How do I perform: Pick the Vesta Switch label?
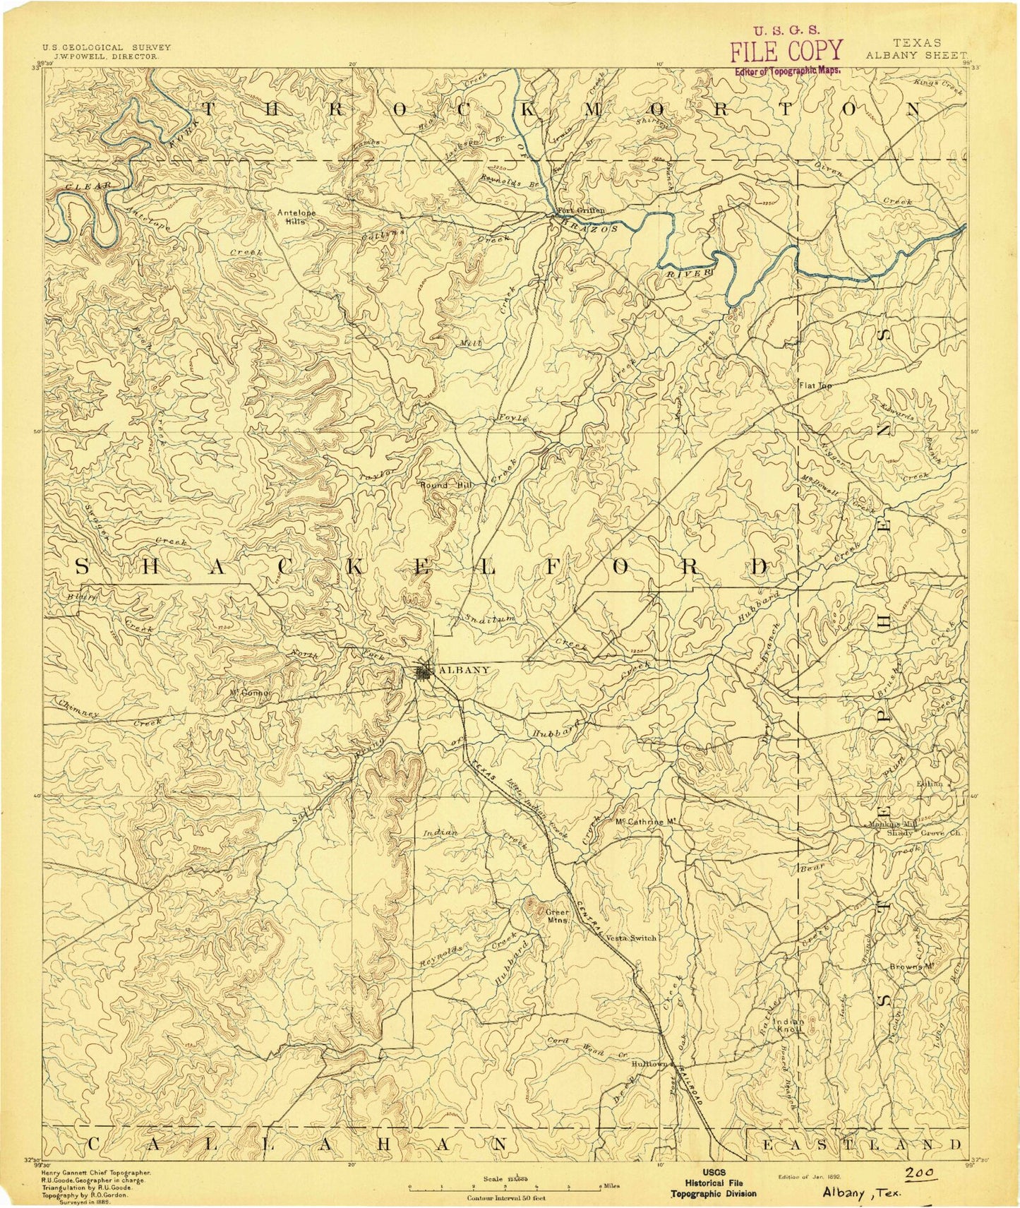tap(631, 938)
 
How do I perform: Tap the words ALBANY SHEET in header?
tap(914, 54)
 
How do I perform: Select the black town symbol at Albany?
tap(424, 671)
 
